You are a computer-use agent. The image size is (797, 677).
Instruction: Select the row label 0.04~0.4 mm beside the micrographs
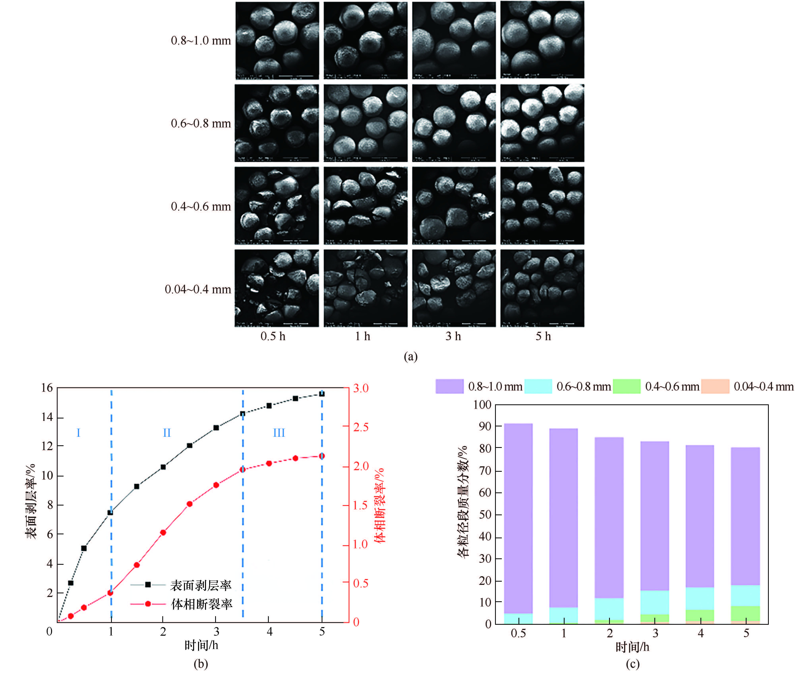198,289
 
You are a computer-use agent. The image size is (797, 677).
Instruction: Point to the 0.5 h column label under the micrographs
273,337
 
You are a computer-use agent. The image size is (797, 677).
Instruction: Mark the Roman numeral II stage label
166,433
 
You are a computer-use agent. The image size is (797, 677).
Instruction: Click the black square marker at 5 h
322,394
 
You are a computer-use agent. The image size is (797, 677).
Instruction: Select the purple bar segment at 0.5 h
518,518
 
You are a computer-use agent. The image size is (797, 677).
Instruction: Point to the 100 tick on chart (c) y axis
482,405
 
